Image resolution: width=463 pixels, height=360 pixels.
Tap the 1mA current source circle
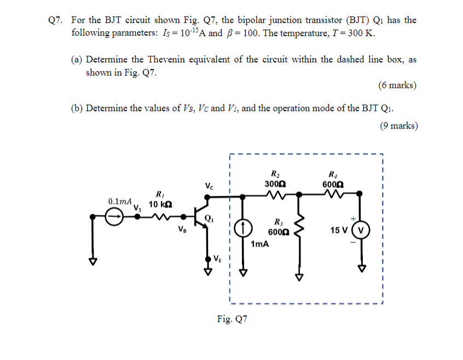tap(244, 227)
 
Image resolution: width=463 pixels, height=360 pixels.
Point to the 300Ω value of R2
tap(273, 184)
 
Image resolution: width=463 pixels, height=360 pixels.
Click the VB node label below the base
tap(182, 230)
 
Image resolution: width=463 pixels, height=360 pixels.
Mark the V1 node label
tap(137, 208)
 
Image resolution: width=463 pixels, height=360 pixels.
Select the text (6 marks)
tap(397, 85)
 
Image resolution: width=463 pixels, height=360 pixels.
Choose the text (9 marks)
tap(398, 126)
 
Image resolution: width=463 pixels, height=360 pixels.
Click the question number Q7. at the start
tap(56, 20)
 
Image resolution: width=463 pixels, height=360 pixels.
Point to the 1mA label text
tap(259, 244)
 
